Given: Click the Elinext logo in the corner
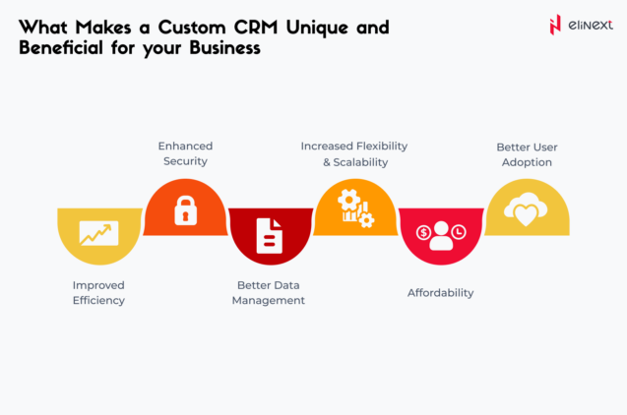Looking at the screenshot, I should pos(579,25).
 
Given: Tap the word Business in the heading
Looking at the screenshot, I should pos(221,47).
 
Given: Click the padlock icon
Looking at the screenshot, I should pos(184,210).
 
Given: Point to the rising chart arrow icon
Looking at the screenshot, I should pos(98,233).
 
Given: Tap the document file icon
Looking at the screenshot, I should pos(269,235).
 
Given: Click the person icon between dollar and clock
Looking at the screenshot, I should pos(440,234).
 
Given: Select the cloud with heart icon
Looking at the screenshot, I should pos(526,208).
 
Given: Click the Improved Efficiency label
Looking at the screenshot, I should pos(98,292).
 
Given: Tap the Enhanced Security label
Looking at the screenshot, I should pos(184,152).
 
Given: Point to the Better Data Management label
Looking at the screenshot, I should pos(269,292).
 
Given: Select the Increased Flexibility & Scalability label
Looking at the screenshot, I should pos(354,153).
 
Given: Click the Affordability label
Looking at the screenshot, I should pos(440,292).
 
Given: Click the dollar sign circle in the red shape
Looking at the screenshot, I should pos(423,233).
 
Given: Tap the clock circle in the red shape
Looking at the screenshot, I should pos(459,232).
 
